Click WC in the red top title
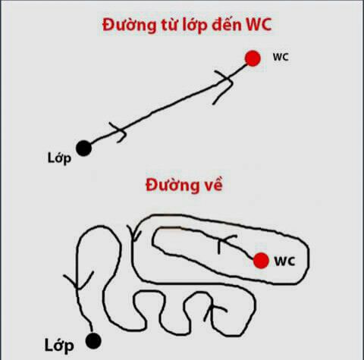(x=259, y=24)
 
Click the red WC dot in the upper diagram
(x=253, y=58)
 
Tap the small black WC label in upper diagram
(x=281, y=57)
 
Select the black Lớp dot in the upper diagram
(x=84, y=149)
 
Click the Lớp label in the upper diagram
(x=59, y=158)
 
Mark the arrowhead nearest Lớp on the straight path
(x=119, y=133)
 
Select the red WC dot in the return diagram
(x=261, y=261)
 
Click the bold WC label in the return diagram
(x=285, y=261)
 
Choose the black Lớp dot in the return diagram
(x=93, y=341)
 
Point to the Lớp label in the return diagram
(x=59, y=346)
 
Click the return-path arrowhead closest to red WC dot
(x=226, y=243)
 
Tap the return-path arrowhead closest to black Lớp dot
(x=78, y=281)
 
